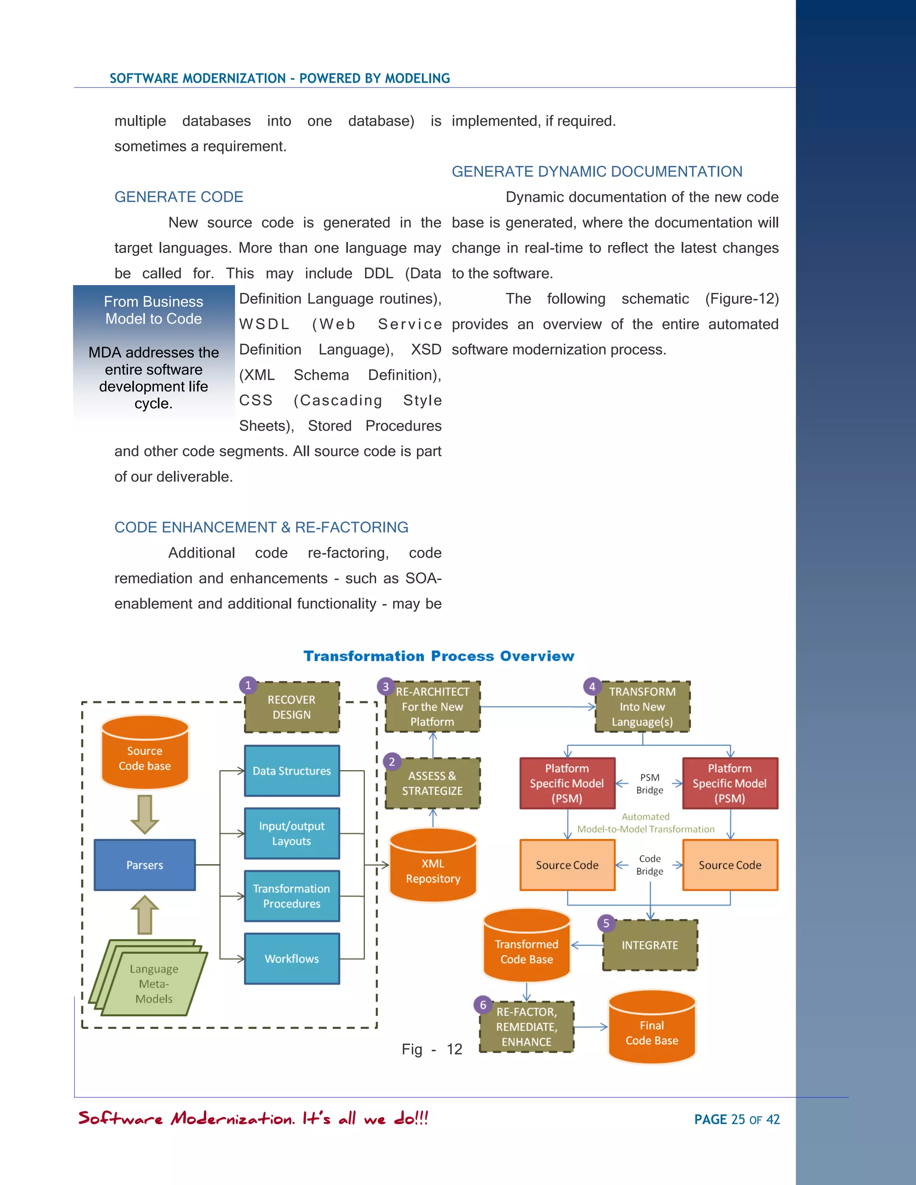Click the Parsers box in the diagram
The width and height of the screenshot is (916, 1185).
coord(144,865)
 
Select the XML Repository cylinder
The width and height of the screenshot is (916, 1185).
coord(433,868)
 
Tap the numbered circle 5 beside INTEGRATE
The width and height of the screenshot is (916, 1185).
coord(606,923)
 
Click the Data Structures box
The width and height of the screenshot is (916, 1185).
coord(292,770)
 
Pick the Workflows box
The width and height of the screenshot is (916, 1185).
coord(292,959)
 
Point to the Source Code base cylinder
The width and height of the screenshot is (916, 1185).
coord(145,754)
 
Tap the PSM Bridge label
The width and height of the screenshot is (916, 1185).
coord(649,783)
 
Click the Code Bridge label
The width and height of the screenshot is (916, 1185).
coord(649,865)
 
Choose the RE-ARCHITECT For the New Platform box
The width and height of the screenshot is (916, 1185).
coord(433,707)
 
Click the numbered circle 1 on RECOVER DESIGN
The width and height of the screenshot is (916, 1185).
coord(248,685)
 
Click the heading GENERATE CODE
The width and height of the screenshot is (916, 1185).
coord(178,197)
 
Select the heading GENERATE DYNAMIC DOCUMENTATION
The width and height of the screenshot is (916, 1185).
coord(597,171)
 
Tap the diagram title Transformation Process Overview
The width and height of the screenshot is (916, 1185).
coord(438,656)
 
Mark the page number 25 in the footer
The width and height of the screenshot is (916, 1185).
coord(738,1119)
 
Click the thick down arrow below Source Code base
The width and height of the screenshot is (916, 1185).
coord(145,814)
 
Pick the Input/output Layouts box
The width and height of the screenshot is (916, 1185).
coord(292,834)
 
